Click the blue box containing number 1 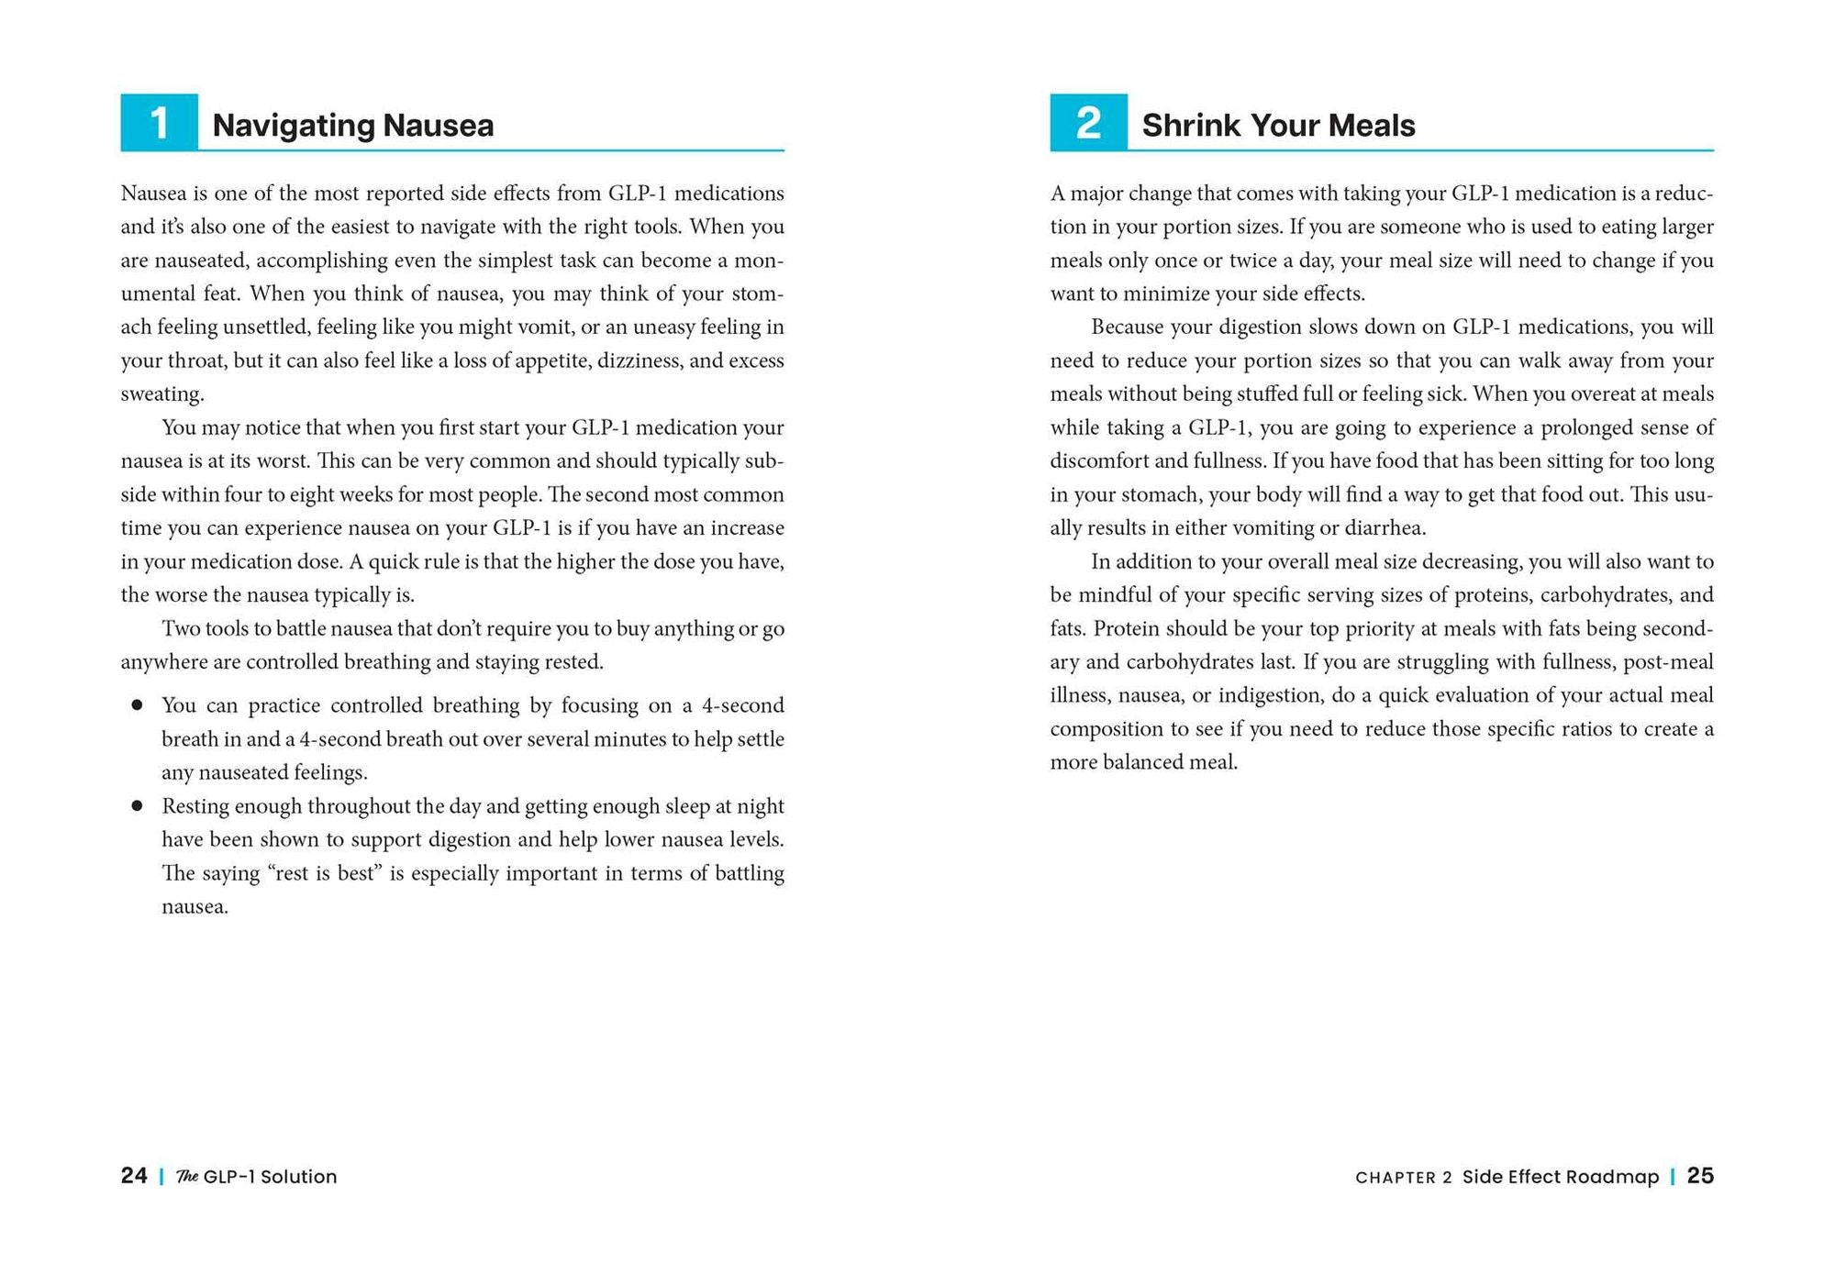click(159, 122)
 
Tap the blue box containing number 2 click(1088, 122)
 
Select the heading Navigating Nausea click(352, 126)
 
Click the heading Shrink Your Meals click(1278, 126)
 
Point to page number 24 click(134, 1176)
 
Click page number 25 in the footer click(1700, 1176)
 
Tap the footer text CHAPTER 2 click(1403, 1178)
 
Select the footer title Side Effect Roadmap click(1560, 1177)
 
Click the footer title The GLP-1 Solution click(257, 1177)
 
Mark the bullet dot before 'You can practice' click(137, 705)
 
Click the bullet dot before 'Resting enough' click(137, 806)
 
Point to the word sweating click(161, 394)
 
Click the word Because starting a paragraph click(1126, 327)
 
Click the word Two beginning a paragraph click(180, 629)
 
